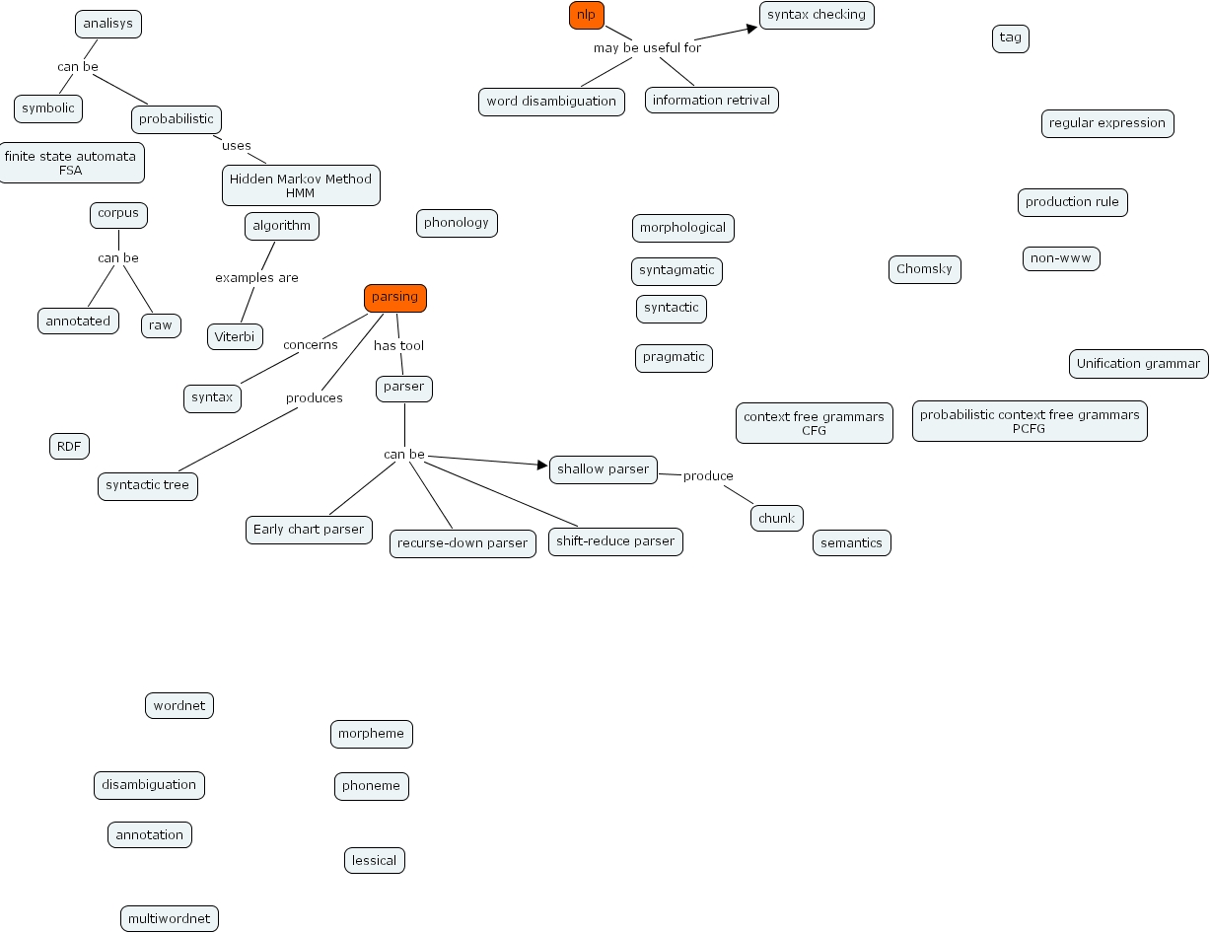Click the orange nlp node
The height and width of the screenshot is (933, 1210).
[586, 15]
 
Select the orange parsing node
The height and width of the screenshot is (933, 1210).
[394, 298]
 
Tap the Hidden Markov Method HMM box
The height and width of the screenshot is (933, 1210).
[301, 185]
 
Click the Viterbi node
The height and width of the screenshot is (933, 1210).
[235, 336]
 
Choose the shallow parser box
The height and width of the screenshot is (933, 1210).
[603, 469]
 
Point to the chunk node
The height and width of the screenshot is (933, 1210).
[776, 518]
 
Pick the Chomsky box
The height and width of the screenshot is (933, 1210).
[924, 269]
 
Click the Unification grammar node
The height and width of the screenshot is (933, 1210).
[1138, 363]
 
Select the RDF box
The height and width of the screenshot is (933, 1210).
[69, 446]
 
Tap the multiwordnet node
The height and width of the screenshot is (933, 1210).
[169, 919]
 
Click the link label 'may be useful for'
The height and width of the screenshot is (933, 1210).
[647, 47]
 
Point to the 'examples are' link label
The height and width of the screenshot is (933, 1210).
[256, 278]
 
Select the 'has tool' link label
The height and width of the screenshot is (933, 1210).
[398, 346]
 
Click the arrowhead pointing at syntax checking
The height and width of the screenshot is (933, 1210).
[752, 28]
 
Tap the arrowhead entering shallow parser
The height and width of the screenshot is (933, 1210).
[542, 465]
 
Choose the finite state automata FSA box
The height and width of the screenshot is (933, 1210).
[70, 163]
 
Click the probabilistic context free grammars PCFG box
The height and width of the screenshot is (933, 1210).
[1029, 421]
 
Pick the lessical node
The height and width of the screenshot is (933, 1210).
[374, 860]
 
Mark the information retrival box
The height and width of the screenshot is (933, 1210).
[711, 100]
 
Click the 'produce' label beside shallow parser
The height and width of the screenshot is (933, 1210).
[708, 476]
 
